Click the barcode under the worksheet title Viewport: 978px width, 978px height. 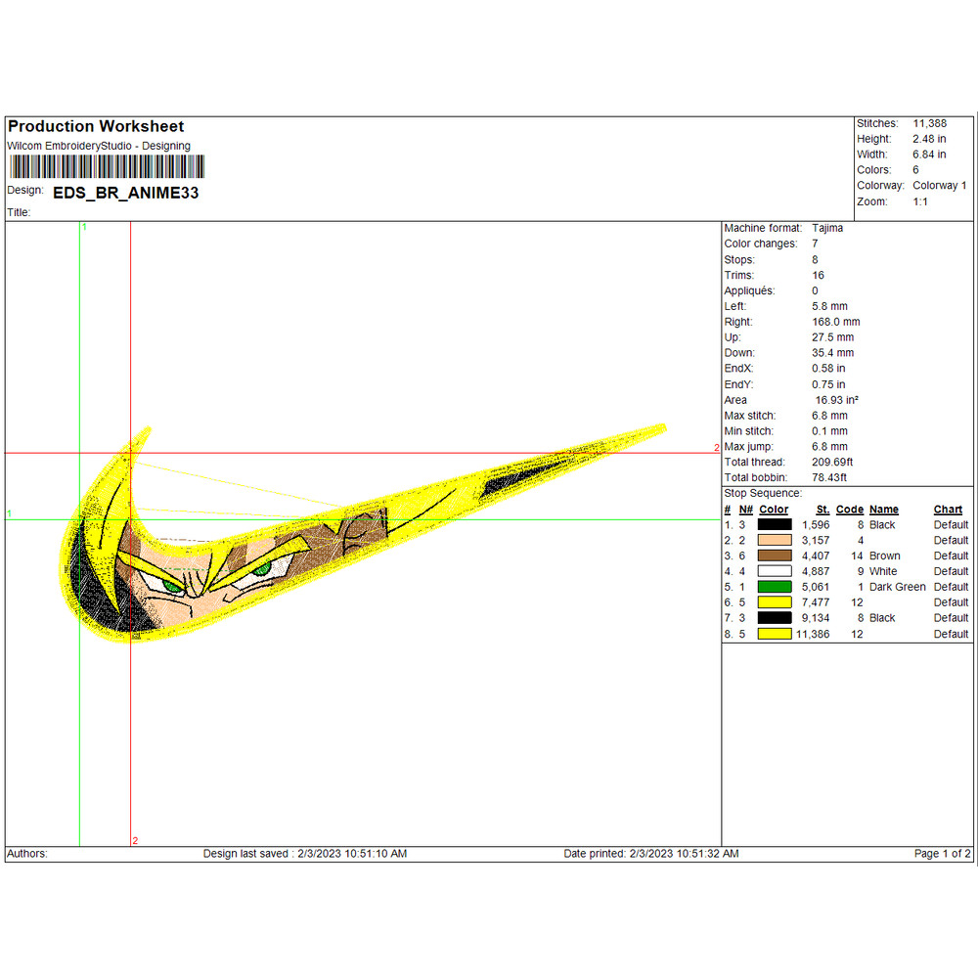107,166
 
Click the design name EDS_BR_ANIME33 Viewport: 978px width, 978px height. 126,193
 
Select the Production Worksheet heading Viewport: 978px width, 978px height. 96,126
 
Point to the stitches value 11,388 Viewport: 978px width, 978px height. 929,123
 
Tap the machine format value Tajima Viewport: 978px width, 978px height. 827,228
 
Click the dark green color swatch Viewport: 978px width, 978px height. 775,587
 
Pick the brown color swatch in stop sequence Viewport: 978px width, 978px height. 775,556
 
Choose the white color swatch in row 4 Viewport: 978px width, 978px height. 775,571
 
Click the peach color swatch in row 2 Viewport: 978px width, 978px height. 775,540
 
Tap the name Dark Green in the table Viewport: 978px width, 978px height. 897,587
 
